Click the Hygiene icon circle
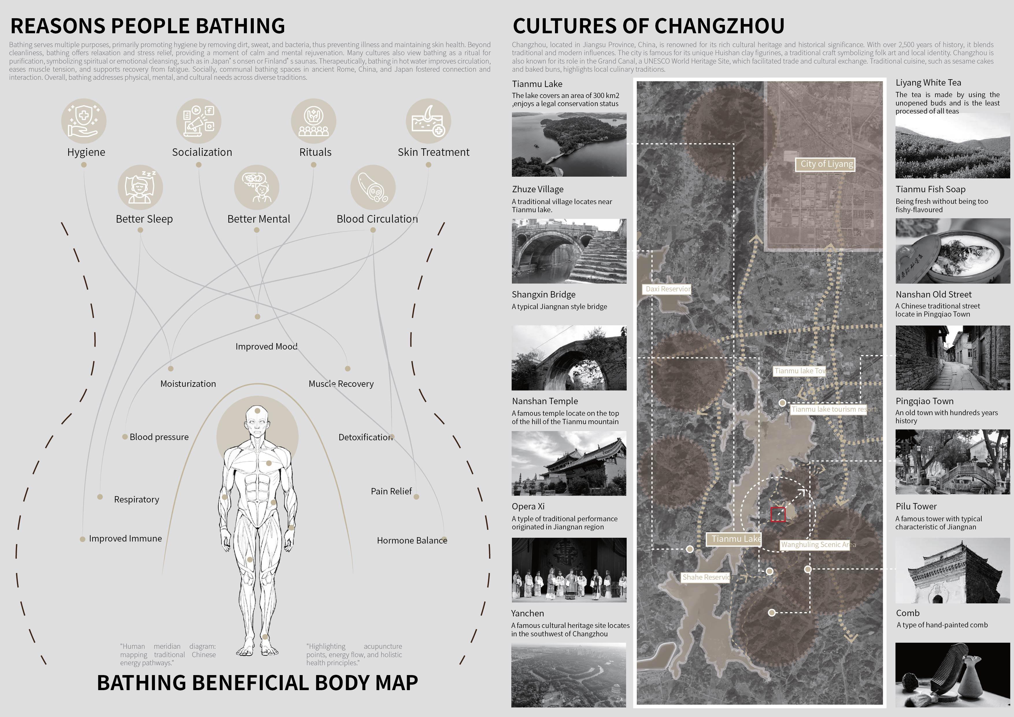[x=84, y=121]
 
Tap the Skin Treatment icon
[x=428, y=121]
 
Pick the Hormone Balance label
[x=412, y=541]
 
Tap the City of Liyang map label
[x=826, y=164]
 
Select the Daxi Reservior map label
[x=667, y=289]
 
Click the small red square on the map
[x=778, y=515]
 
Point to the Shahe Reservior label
[x=707, y=577]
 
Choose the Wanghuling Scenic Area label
[x=817, y=545]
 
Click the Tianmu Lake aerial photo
[x=569, y=145]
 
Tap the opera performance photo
[x=569, y=570]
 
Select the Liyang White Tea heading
[x=928, y=83]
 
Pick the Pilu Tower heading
[x=916, y=506]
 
